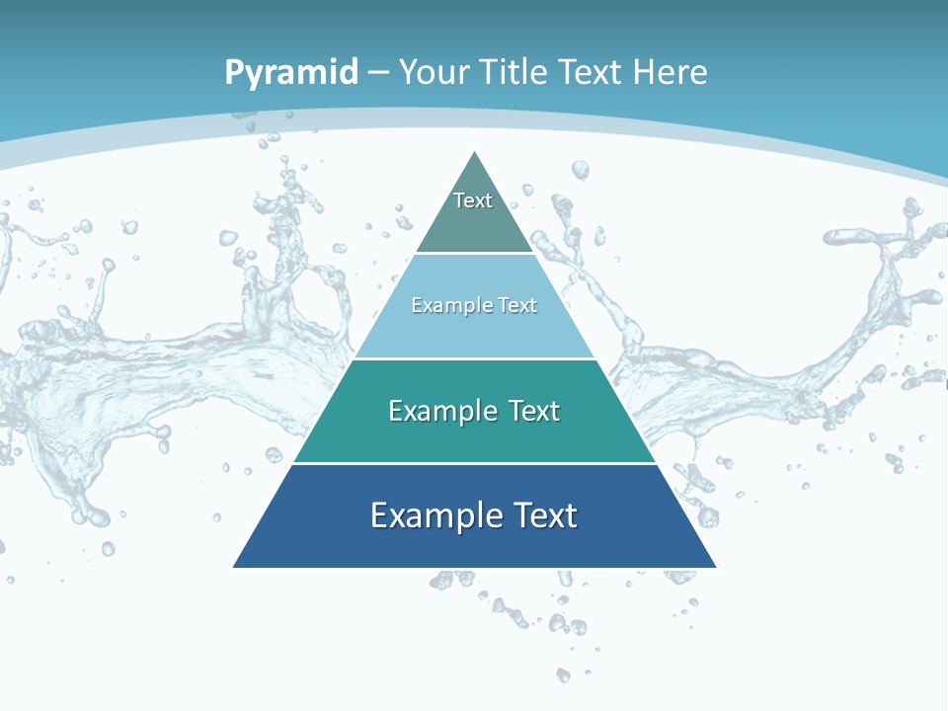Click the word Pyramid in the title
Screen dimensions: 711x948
[290, 72]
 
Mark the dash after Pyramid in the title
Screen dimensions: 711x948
[378, 73]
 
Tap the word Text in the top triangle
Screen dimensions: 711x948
[473, 200]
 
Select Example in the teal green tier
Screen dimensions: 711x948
[440, 411]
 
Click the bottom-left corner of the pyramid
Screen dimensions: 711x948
[234, 567]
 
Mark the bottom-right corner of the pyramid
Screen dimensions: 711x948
[716, 567]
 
